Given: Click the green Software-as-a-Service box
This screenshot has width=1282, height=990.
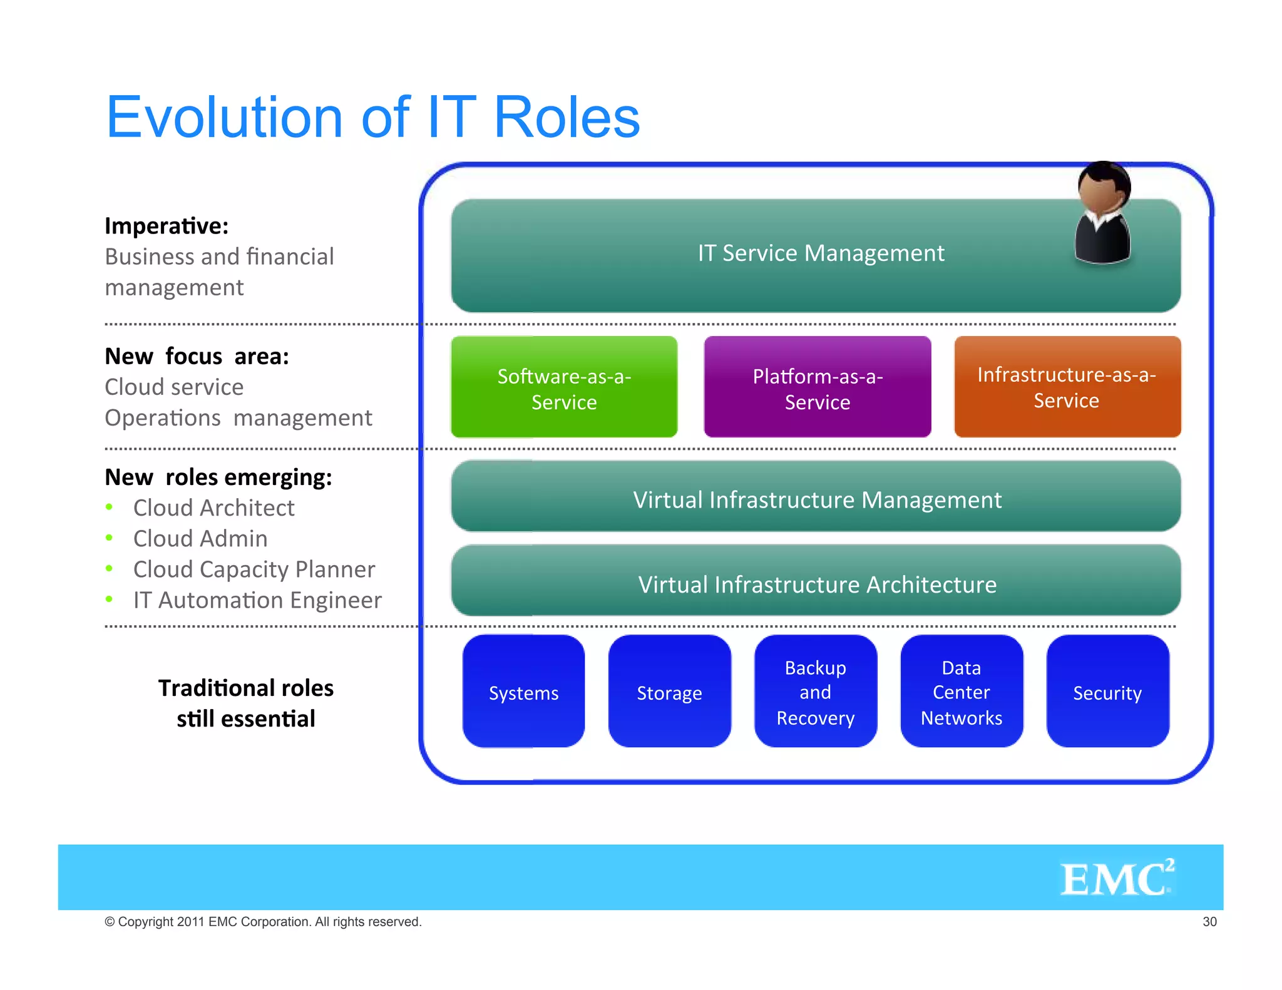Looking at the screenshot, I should (564, 387).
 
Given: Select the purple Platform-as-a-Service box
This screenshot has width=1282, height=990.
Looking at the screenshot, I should (817, 387).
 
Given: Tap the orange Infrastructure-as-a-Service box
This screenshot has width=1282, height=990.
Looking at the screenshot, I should (1067, 387).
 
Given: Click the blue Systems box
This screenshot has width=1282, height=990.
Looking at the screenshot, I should (523, 691).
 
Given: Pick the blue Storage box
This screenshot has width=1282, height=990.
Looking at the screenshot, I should (669, 691).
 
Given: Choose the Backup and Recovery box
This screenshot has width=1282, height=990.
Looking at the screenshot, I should (815, 691).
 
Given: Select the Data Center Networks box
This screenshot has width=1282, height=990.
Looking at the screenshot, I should (961, 691).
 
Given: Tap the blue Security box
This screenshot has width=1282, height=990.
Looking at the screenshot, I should (1107, 691).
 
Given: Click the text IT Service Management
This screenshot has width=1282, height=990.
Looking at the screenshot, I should (820, 253).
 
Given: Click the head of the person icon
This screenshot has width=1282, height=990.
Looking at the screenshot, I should (1102, 188).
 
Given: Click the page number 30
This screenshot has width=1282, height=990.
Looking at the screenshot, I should (1209, 921).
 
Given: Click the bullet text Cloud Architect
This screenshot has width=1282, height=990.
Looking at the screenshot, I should (213, 508).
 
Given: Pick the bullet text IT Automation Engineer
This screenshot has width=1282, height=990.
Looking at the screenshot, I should (257, 600).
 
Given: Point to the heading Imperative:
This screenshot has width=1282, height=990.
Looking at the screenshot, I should (167, 226).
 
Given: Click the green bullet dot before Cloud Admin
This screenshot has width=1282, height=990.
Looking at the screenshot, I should (110, 538).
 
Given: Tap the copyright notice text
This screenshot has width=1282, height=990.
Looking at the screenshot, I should (263, 922).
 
